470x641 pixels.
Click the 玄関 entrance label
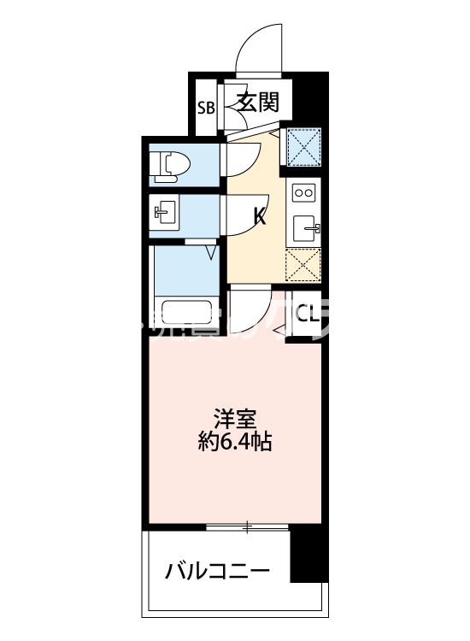tap(257, 104)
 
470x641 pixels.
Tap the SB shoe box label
tap(205, 108)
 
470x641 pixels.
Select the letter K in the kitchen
tap(259, 216)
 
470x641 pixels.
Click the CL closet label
tap(308, 315)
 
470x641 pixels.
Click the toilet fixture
tap(169, 167)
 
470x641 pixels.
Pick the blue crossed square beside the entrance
tap(304, 145)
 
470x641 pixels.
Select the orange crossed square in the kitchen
tap(303, 266)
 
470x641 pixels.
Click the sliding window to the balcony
tap(247, 527)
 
